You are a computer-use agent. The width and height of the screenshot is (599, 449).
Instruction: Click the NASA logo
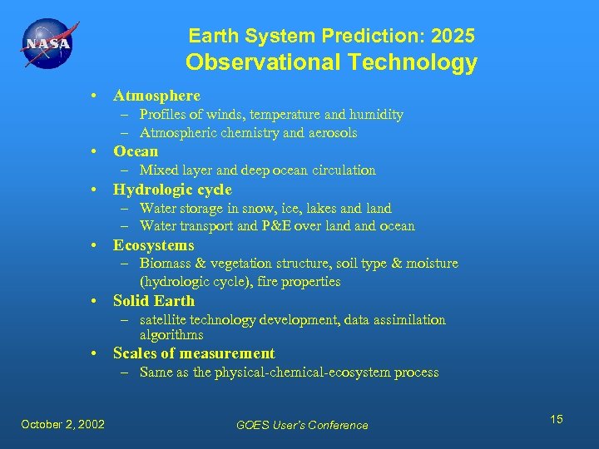pyautogui.click(x=47, y=44)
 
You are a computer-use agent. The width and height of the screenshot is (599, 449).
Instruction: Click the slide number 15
pyautogui.click(x=556, y=419)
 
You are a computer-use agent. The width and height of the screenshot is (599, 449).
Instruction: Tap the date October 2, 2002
pyautogui.click(x=63, y=424)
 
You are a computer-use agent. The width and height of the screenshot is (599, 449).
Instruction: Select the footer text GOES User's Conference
pyautogui.click(x=302, y=425)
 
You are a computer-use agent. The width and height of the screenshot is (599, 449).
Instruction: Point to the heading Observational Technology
pyautogui.click(x=331, y=62)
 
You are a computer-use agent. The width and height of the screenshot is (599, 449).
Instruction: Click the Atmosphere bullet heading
pyautogui.click(x=156, y=96)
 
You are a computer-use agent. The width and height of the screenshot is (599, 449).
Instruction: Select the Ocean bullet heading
pyautogui.click(x=136, y=151)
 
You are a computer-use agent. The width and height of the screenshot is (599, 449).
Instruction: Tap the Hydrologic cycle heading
pyautogui.click(x=172, y=189)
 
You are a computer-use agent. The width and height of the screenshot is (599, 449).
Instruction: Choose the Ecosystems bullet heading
pyautogui.click(x=153, y=244)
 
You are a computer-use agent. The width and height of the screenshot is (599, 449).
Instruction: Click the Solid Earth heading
pyautogui.click(x=154, y=300)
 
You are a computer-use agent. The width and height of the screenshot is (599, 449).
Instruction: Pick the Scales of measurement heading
pyautogui.click(x=194, y=353)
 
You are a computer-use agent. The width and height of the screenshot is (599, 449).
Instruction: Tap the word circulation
pyautogui.click(x=344, y=170)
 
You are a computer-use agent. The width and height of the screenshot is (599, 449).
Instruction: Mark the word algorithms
pyautogui.click(x=171, y=334)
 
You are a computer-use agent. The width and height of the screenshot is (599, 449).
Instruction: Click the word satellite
pyautogui.click(x=164, y=320)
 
